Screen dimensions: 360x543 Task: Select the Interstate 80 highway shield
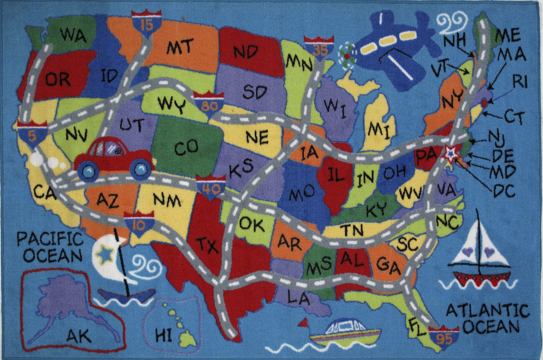[209, 104]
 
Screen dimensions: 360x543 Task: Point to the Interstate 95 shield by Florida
[444, 337]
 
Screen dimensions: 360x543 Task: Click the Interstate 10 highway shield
[138, 224]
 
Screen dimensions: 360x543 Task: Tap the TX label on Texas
[207, 245]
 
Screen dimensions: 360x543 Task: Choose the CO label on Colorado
[186, 147]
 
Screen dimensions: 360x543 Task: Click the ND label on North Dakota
[245, 52]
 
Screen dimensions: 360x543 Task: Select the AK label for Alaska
[79, 336]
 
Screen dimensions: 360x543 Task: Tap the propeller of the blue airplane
[347, 55]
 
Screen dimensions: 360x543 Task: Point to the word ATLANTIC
[487, 311]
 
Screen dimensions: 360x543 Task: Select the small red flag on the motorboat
[303, 322]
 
